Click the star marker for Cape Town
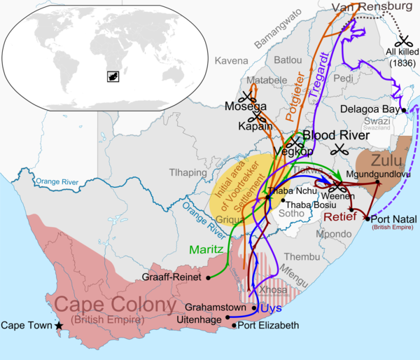click(x=59, y=326)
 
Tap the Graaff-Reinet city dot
click(x=209, y=278)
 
